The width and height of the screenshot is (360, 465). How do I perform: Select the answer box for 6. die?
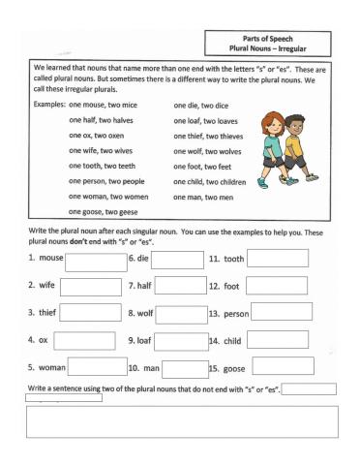[x=178, y=261]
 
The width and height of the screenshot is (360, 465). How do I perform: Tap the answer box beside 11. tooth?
[x=279, y=258]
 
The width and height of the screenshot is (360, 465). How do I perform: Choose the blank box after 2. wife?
[x=93, y=287]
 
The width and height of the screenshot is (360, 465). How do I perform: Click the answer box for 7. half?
[x=178, y=288]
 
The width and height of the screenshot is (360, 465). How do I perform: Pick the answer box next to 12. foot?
[x=275, y=286]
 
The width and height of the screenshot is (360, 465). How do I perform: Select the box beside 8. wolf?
[x=178, y=314]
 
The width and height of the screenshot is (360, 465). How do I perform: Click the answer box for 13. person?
[x=283, y=312]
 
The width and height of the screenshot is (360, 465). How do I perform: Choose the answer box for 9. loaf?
[x=178, y=341]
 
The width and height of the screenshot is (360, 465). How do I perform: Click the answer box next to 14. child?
[x=276, y=340]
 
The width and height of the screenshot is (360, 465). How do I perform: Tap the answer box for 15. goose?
[x=279, y=367]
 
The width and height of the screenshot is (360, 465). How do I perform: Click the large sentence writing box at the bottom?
[x=181, y=422]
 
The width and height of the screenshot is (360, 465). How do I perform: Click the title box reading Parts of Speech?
[x=271, y=44]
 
